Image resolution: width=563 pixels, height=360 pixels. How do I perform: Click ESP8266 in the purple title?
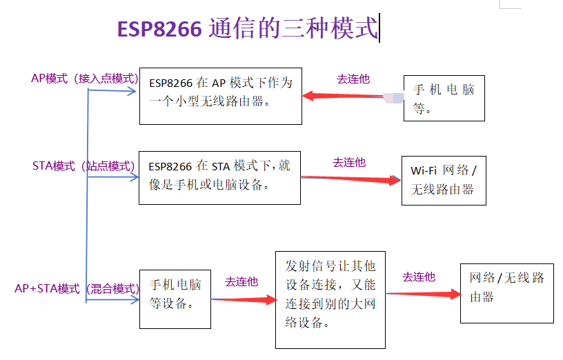[159, 29]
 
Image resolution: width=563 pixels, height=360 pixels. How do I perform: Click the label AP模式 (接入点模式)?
[84, 78]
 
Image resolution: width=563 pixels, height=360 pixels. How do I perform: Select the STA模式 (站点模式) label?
[83, 166]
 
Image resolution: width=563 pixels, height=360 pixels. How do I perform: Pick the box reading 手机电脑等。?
[444, 98]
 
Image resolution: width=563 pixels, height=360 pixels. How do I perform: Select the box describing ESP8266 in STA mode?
[219, 177]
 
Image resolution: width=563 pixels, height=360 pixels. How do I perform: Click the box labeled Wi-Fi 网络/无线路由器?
[444, 180]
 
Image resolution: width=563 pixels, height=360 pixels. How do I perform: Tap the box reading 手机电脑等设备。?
[175, 298]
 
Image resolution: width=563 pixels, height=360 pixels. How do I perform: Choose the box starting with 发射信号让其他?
[330, 299]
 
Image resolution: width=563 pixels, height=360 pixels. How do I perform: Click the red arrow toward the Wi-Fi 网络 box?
[351, 179]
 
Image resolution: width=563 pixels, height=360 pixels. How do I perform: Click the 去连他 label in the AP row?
[353, 79]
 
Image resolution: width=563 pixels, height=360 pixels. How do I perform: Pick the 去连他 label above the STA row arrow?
[349, 162]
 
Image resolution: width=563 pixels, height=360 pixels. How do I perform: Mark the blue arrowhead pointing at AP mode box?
[132, 90]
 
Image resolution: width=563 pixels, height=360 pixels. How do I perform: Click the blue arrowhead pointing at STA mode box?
[133, 177]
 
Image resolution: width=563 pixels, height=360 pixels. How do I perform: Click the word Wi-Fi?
[423, 170]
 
